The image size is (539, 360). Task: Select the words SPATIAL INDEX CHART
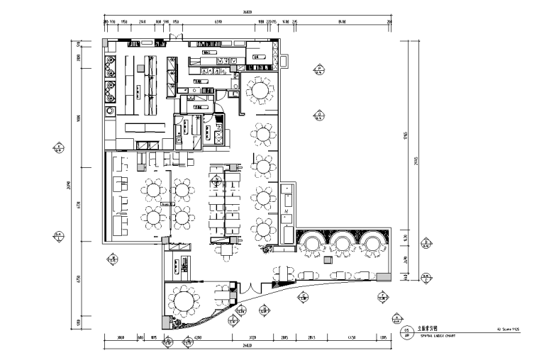pyautogui.click(x=431, y=336)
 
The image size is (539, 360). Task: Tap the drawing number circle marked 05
pyautogui.click(x=406, y=329)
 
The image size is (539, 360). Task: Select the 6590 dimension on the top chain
pyautogui.click(x=220, y=21)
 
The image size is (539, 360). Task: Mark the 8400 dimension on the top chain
pyautogui.click(x=342, y=21)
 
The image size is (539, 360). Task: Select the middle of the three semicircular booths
pyautogui.click(x=343, y=243)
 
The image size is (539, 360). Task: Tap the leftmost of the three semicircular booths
pyautogui.click(x=312, y=243)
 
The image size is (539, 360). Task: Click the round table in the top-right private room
pyautogui.click(x=260, y=90)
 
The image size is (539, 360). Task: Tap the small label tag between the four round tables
pyautogui.click(x=168, y=203)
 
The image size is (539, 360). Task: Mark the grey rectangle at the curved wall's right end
pyautogui.click(x=384, y=275)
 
